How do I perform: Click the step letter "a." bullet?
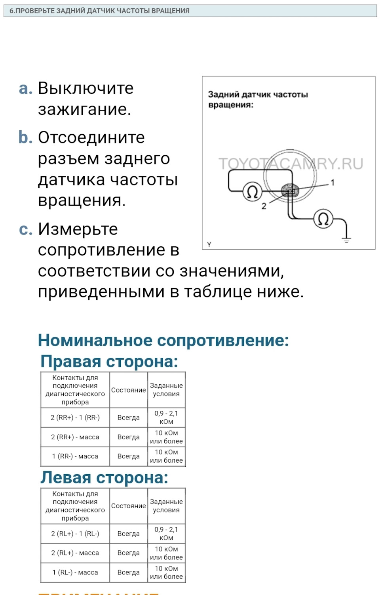(x=25, y=88)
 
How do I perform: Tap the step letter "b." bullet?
(x=25, y=137)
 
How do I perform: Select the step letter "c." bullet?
(x=25, y=229)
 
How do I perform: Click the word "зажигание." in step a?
(x=84, y=109)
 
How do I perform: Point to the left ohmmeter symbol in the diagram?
(x=252, y=192)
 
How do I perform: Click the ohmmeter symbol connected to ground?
(x=323, y=219)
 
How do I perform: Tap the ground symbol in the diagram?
(x=346, y=239)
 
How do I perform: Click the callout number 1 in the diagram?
(x=332, y=183)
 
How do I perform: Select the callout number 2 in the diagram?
(x=264, y=206)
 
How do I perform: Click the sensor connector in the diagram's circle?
(x=290, y=191)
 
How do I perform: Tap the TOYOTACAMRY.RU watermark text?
(x=291, y=164)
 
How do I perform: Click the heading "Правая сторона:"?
(x=109, y=361)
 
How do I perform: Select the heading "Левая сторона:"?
(x=104, y=477)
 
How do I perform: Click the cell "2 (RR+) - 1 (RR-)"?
(x=75, y=418)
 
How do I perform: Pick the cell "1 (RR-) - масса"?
(x=75, y=456)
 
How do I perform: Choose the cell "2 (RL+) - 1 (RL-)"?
(x=75, y=534)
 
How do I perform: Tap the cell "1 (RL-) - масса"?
(x=75, y=572)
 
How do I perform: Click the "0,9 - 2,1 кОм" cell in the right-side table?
(x=166, y=418)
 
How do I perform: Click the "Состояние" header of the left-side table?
(x=128, y=506)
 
